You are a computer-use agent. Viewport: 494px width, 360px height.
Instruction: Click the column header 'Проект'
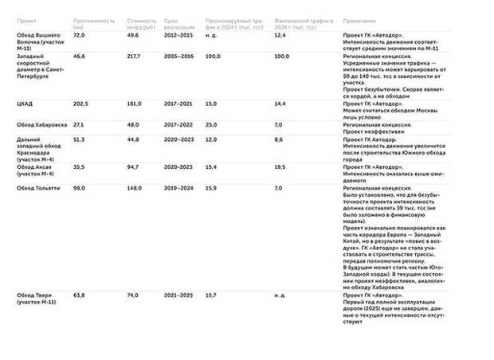26,19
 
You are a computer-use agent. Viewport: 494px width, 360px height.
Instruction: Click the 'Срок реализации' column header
177,22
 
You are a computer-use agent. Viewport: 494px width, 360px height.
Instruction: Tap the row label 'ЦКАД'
25,104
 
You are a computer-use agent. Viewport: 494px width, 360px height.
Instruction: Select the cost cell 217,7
133,57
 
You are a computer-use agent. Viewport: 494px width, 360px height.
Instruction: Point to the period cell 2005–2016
178,57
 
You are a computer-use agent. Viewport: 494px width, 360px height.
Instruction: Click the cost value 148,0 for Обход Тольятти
133,188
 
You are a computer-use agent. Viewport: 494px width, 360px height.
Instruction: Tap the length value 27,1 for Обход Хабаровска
79,124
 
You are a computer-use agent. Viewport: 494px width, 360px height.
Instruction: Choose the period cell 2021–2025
178,295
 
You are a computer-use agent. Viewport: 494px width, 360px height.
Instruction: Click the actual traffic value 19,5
280,167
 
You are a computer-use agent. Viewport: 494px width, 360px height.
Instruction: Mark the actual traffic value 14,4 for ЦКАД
280,104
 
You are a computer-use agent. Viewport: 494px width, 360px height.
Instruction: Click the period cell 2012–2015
178,35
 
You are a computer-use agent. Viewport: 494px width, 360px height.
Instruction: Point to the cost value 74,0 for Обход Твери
132,295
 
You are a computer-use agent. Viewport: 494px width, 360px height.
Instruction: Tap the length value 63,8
79,295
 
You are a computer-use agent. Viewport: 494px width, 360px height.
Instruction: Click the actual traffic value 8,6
278,139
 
